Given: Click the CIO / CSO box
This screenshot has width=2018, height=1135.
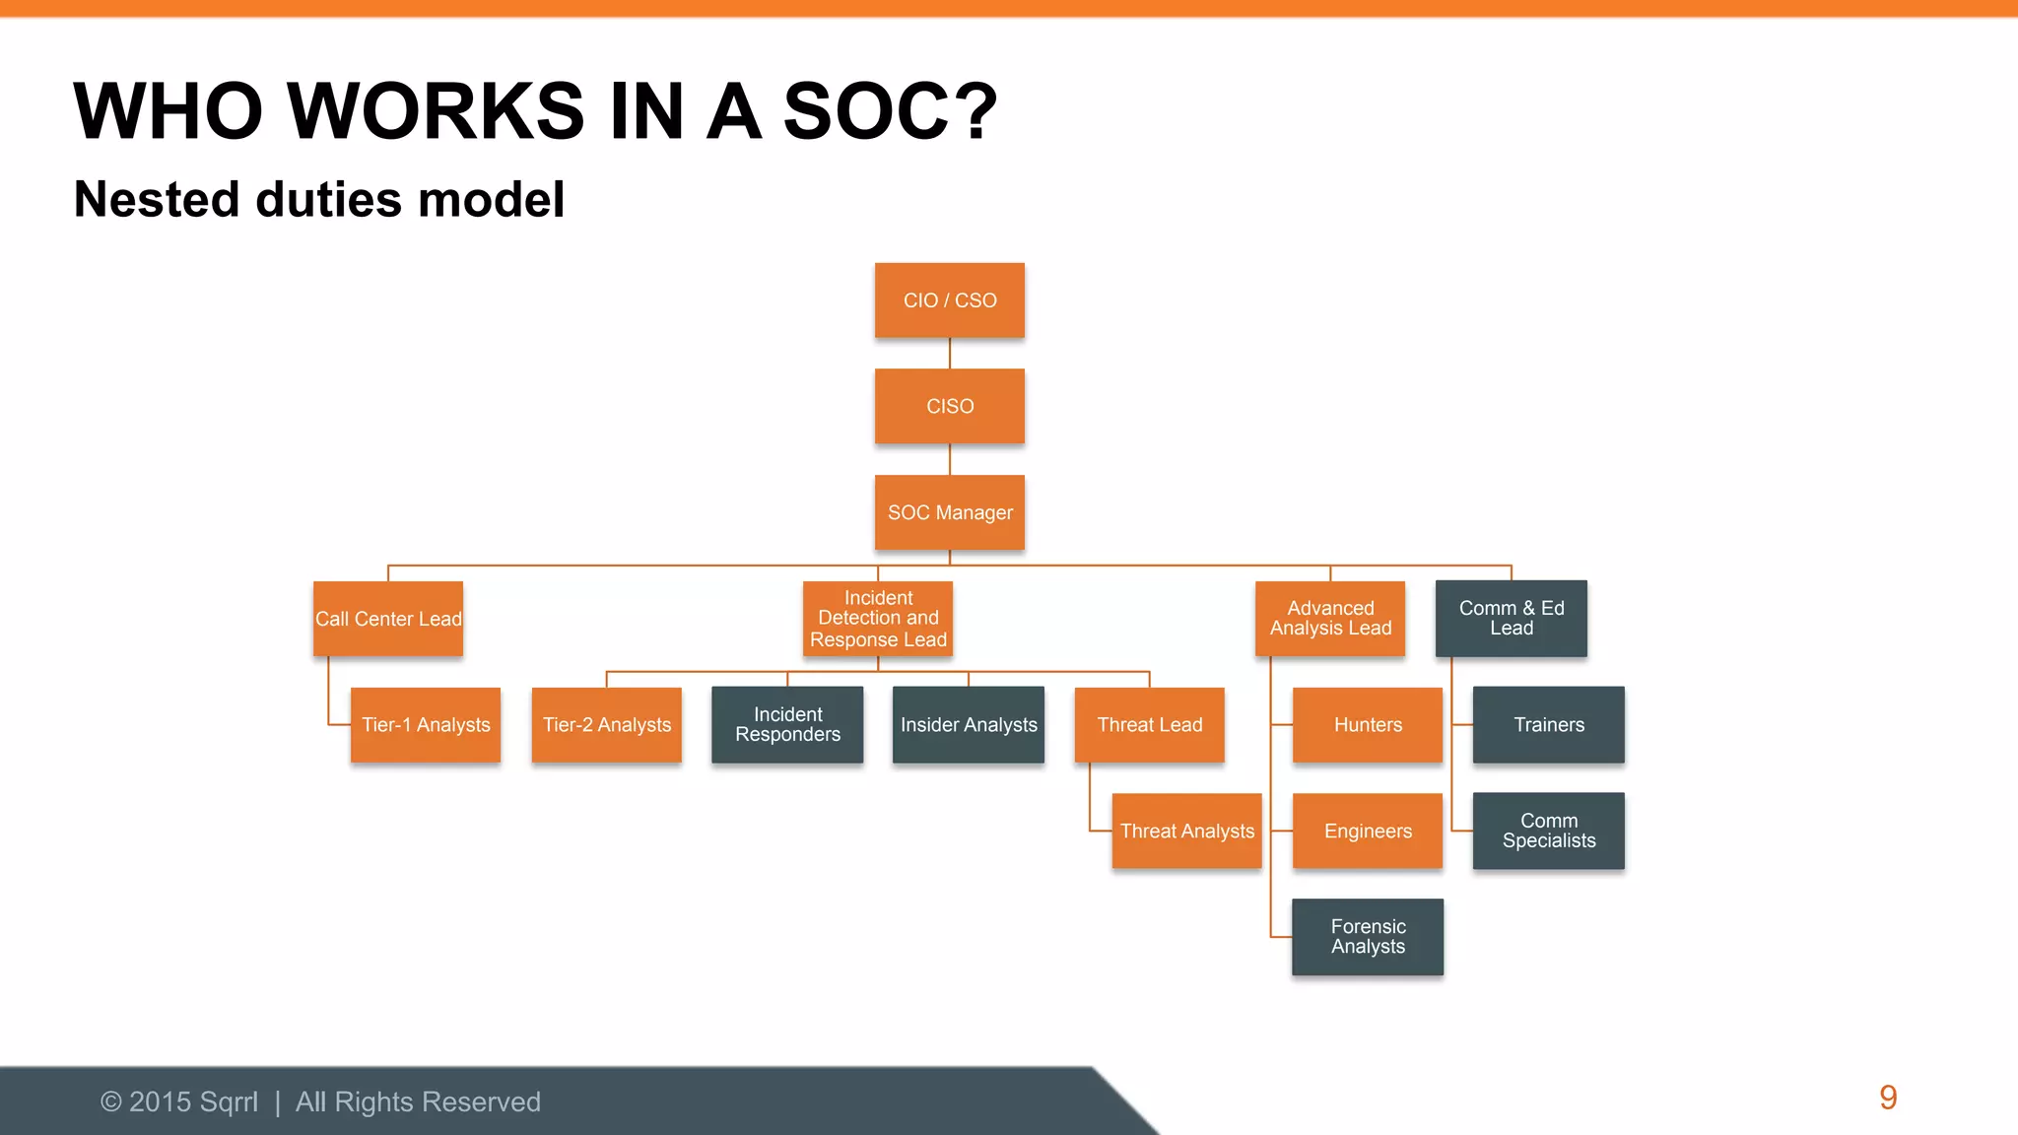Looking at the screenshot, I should click(949, 300).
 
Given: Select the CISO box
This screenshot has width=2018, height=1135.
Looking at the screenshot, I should click(949, 406).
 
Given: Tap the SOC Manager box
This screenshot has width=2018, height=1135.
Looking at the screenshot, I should click(949, 512).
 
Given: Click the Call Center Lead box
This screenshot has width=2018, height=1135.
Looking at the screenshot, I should click(388, 619).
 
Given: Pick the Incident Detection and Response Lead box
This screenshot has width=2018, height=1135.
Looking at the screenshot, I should click(878, 619).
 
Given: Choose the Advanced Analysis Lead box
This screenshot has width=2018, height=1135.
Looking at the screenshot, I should click(1330, 619).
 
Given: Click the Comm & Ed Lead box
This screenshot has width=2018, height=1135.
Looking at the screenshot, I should click(1511, 619).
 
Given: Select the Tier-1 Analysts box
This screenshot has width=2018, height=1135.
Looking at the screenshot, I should click(426, 725).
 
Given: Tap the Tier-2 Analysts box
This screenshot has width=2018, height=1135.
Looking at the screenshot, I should click(606, 725).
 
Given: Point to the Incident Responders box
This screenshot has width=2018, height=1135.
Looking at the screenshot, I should click(787, 725).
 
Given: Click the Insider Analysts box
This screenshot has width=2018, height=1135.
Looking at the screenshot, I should click(969, 725).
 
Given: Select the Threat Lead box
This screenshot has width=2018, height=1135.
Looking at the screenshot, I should click(1149, 725).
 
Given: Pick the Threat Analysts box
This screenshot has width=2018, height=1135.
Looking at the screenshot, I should click(1186, 831).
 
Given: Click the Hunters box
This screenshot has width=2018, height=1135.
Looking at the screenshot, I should click(1368, 725).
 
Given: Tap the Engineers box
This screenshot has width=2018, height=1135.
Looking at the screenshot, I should click(1368, 831).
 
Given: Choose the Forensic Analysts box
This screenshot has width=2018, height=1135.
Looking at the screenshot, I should click(1368, 937).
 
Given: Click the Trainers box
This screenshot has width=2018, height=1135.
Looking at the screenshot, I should click(1549, 725).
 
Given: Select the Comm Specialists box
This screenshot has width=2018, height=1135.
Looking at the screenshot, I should click(1549, 831).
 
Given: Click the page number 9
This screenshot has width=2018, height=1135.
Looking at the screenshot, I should click(1888, 1098).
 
